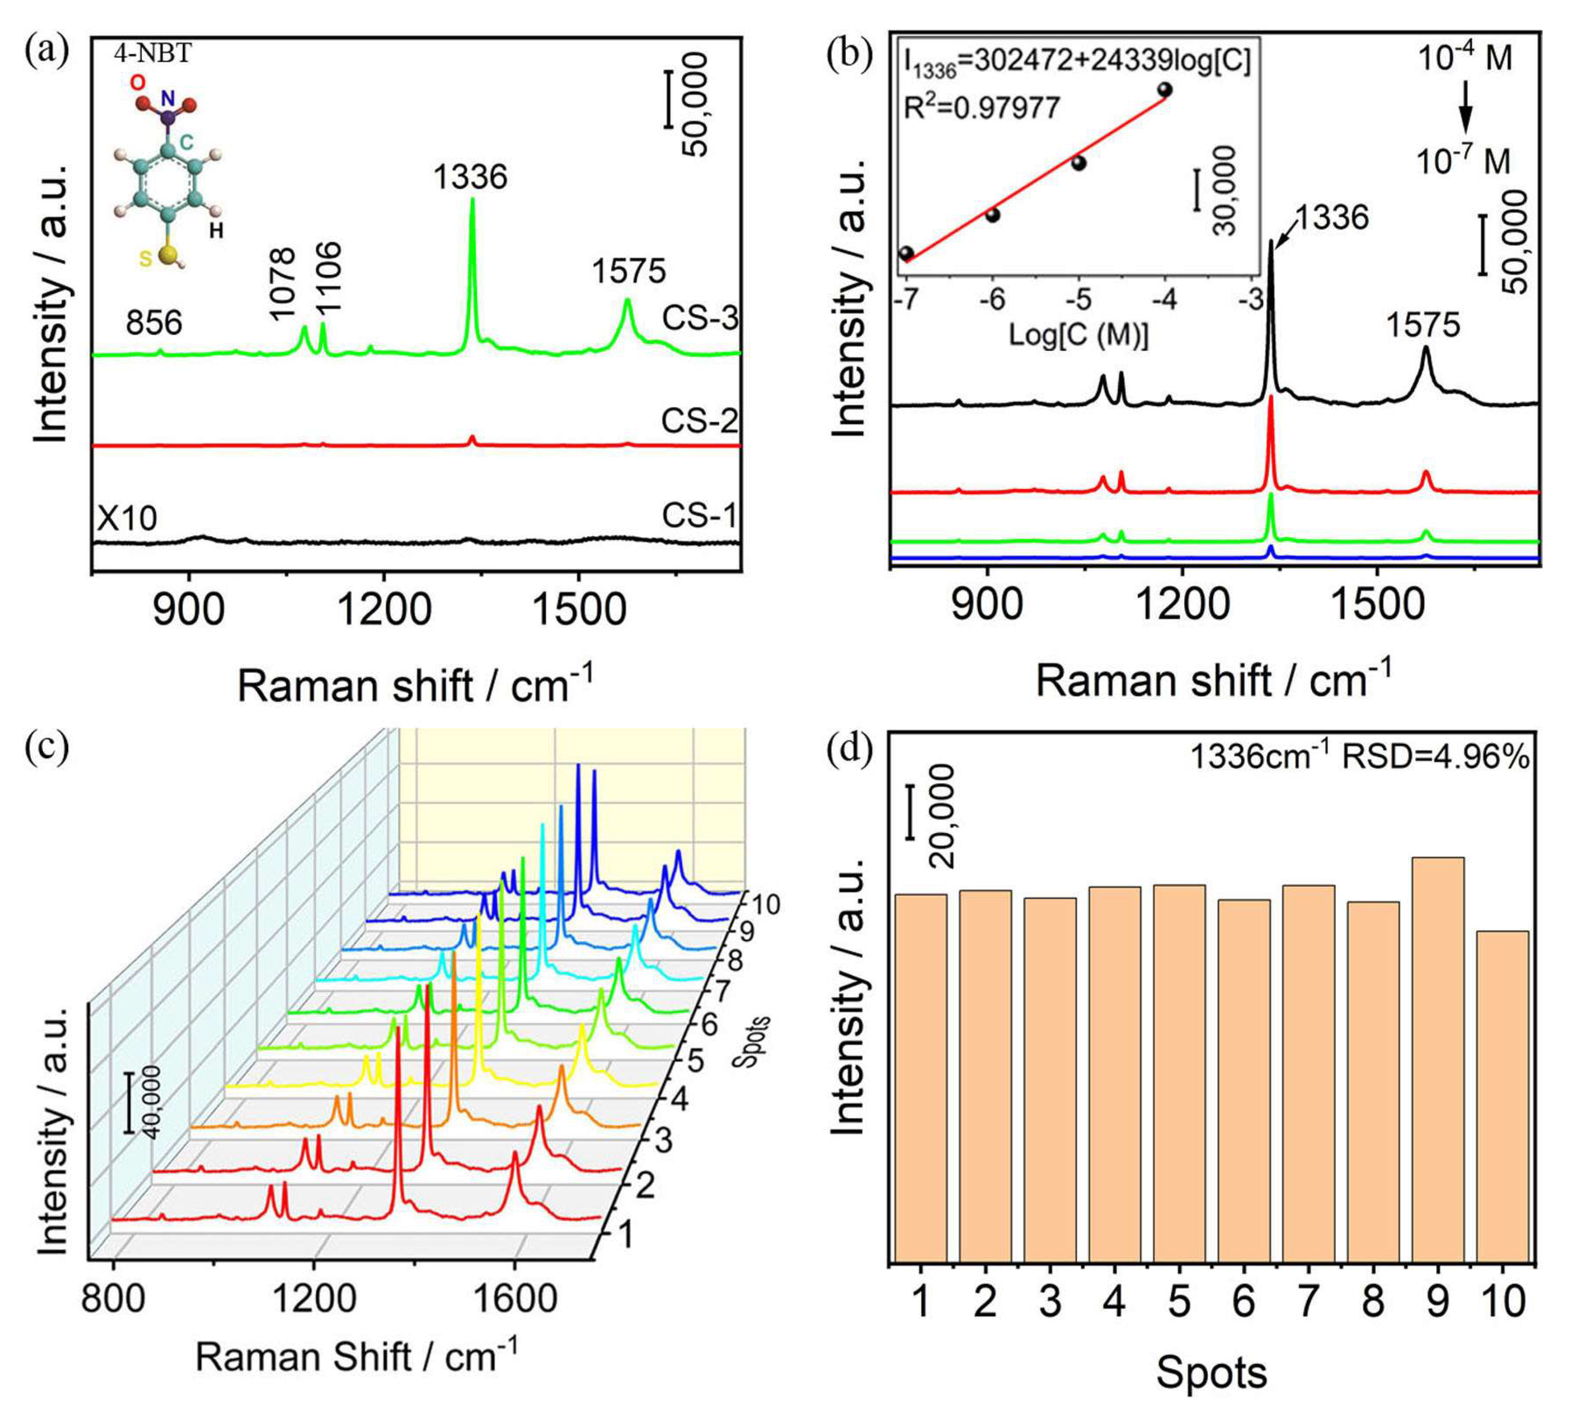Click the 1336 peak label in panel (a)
[470, 177]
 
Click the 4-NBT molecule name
[152, 53]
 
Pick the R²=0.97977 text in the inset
[982, 107]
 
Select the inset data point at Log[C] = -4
[1164, 90]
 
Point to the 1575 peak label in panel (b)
[1423, 325]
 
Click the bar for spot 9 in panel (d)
[1437, 1061]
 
